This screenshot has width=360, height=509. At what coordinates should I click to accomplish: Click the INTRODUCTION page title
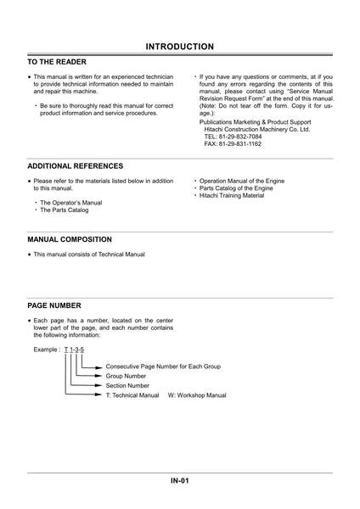[179, 46]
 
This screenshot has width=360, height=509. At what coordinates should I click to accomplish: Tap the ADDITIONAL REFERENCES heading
[75, 166]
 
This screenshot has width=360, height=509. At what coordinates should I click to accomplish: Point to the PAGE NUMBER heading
[54, 305]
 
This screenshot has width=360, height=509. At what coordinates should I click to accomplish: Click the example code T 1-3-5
[74, 350]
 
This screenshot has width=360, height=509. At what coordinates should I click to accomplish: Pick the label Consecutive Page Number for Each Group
[163, 366]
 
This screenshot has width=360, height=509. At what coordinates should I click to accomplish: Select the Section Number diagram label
[129, 385]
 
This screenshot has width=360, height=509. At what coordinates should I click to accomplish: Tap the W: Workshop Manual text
[197, 395]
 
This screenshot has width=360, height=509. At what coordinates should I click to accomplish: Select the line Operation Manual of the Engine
[242, 181]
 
